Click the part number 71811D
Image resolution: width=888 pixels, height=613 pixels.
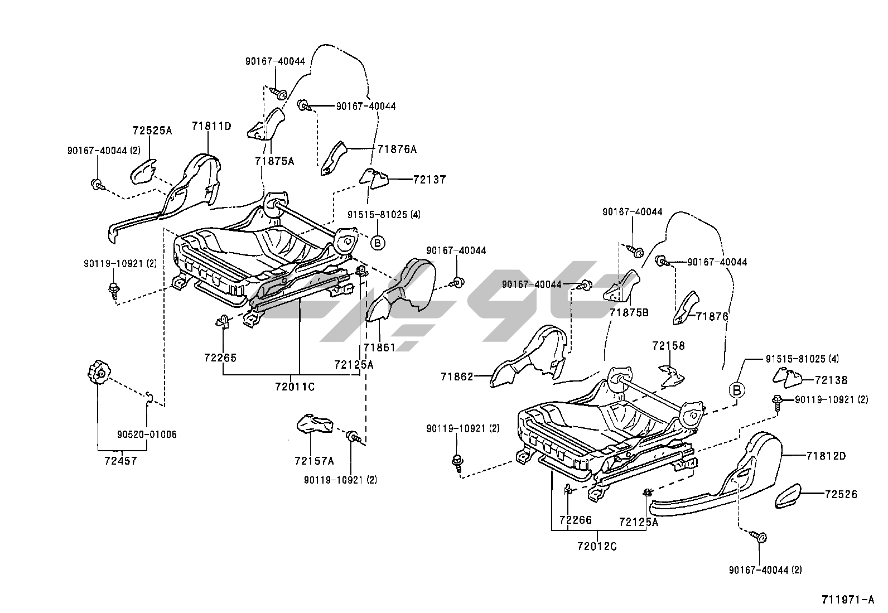tap(211, 126)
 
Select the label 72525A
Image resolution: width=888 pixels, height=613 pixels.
tap(152, 131)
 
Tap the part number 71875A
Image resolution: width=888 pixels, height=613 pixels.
tap(274, 161)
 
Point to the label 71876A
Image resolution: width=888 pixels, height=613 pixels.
tap(397, 149)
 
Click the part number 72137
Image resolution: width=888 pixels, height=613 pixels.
tap(429, 180)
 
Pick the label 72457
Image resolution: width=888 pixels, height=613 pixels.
tap(120, 461)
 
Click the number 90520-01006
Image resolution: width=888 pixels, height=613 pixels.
tap(147, 434)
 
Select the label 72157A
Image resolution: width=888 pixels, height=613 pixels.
tap(314, 461)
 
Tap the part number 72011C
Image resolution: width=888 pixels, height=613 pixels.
tap(295, 385)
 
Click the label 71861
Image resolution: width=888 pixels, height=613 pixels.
tap(379, 347)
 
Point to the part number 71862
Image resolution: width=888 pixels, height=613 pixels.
tap(456, 377)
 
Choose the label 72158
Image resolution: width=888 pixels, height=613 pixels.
tap(668, 346)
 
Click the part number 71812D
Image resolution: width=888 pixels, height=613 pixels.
tap(826, 456)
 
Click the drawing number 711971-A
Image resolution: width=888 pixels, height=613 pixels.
tap(847, 600)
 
